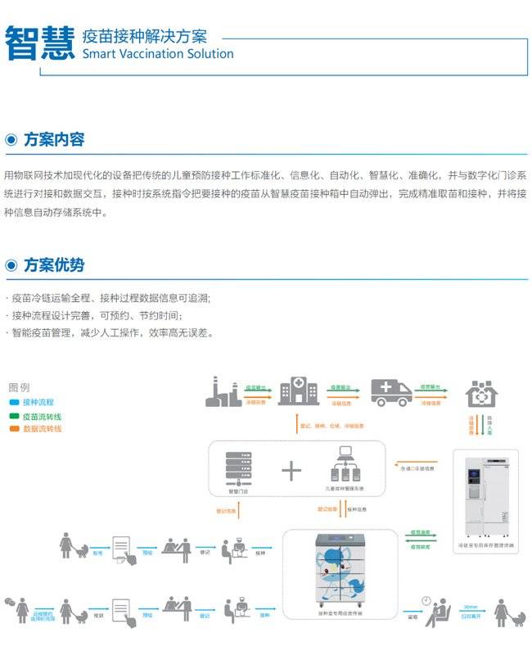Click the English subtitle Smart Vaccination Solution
[x=158, y=54]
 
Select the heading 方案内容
[x=54, y=139]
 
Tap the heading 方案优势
[x=54, y=265]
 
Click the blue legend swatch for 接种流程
[x=15, y=403]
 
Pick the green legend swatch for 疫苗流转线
[x=15, y=416]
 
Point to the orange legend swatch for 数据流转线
[x=15, y=428]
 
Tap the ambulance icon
[x=391, y=392]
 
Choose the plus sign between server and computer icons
[x=291, y=470]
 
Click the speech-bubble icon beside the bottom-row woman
[x=10, y=603]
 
